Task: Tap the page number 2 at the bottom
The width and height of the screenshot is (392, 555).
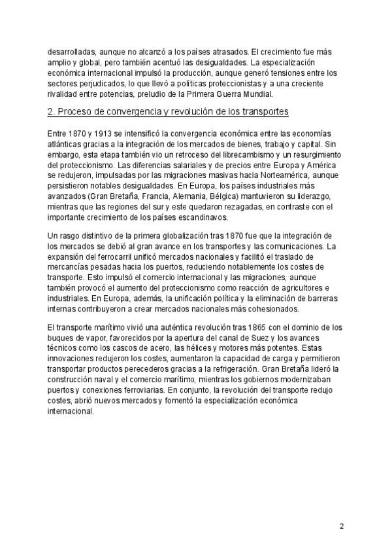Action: click(x=342, y=527)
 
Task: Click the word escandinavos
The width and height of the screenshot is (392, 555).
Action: click(x=197, y=217)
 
